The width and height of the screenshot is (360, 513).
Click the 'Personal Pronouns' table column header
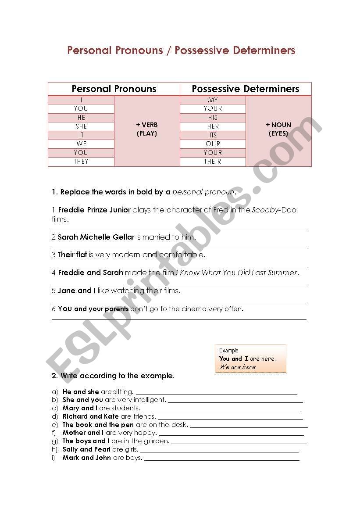[x=114, y=89]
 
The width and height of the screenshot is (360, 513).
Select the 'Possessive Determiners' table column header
[x=246, y=89]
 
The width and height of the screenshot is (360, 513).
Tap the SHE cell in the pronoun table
[x=81, y=126]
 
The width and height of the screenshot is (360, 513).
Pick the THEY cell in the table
[x=81, y=161]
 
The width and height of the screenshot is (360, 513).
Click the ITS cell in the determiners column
[x=213, y=135]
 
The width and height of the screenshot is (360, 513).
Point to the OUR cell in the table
[x=213, y=144]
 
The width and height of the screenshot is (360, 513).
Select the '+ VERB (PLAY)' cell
[x=147, y=129]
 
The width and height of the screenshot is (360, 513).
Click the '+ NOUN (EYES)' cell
[x=278, y=129]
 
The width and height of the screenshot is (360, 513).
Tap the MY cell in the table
[x=213, y=100]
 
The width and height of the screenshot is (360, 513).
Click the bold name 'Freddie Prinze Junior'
[x=94, y=210]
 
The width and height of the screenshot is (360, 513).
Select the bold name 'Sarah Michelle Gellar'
[x=96, y=237]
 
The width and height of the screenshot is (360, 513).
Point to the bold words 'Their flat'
[x=72, y=255]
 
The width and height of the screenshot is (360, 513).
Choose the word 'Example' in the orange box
[x=229, y=350]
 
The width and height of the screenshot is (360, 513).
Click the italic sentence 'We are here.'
[x=238, y=367]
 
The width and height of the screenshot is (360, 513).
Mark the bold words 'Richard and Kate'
[x=91, y=416]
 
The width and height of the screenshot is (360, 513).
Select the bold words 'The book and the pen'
[x=98, y=425]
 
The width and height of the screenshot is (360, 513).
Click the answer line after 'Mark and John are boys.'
[x=221, y=459]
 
